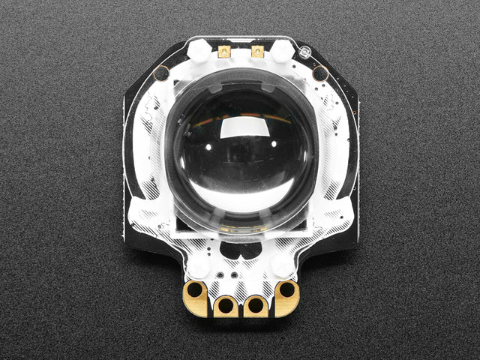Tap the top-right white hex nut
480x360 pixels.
click(x=282, y=50)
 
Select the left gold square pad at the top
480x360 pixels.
click(x=224, y=52)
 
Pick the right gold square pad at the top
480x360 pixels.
click(x=257, y=52)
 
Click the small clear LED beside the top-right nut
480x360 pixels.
click(x=304, y=52)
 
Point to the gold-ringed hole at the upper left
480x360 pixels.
click(x=160, y=73)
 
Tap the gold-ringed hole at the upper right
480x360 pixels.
click(x=320, y=73)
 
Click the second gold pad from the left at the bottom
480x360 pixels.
click(x=225, y=305)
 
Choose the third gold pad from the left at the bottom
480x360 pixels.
click(x=255, y=305)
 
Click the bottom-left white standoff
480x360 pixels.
click(x=198, y=265)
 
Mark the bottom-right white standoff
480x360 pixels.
click(x=283, y=265)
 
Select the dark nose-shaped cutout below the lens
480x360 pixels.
click(x=240, y=250)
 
